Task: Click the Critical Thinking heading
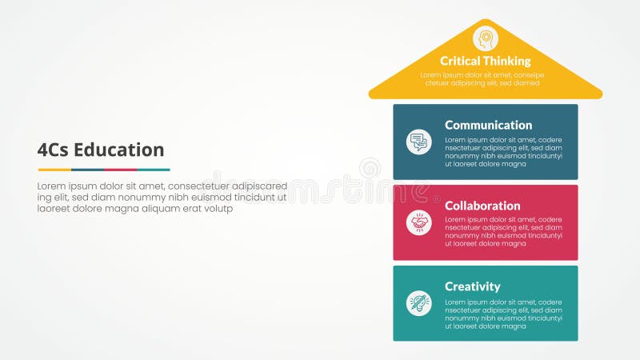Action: point(485,61)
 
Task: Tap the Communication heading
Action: point(488,125)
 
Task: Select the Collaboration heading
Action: point(482,206)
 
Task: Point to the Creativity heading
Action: point(472,286)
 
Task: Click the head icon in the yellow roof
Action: point(485,38)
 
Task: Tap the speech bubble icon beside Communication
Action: point(418,142)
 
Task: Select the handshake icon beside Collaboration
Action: point(418,222)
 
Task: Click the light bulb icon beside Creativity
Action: point(418,303)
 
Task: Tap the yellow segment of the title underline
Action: point(54,170)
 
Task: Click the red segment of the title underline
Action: point(121,170)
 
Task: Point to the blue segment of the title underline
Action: point(88,170)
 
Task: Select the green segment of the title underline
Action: point(154,170)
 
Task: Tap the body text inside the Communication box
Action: point(503,152)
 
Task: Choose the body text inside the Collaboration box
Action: point(503,232)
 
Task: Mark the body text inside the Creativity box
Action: point(503,314)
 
